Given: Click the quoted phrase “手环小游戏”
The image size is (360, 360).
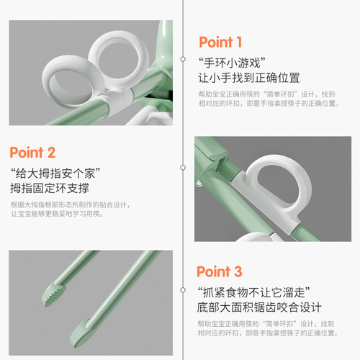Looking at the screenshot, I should coord(228,62).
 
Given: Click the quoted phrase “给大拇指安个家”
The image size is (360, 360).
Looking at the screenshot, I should coord(54,173).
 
